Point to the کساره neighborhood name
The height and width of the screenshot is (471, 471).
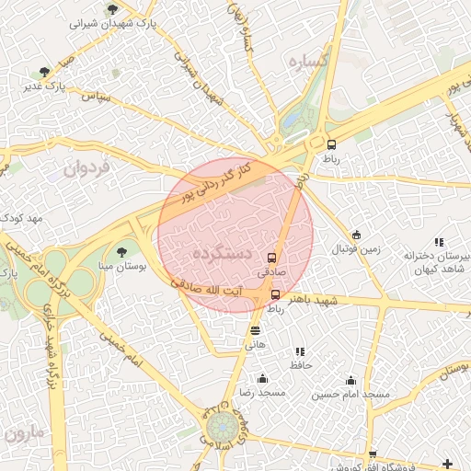click(308, 63)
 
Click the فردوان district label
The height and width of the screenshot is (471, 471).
click(86, 167)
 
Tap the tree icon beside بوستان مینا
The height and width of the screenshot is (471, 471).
click(121, 251)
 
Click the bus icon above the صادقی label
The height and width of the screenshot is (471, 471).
click(271, 258)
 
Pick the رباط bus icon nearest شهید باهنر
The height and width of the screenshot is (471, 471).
click(276, 294)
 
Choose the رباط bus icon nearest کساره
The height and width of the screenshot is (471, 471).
click(331, 144)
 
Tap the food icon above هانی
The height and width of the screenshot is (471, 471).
click(255, 330)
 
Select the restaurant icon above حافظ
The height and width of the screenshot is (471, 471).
click(300, 351)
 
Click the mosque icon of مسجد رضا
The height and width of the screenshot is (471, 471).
click(262, 378)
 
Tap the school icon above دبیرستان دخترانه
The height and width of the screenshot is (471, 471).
click(439, 241)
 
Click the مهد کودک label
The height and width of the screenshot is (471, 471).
click(23, 218)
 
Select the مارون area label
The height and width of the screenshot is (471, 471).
click(23, 432)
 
